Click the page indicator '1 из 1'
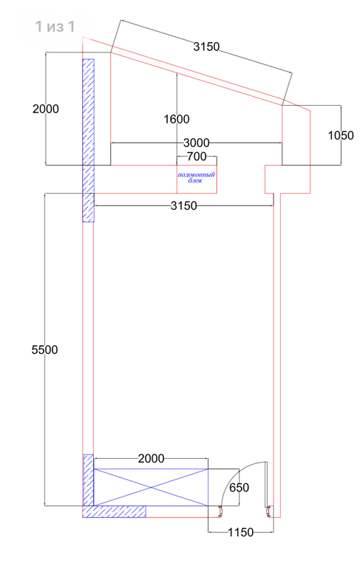55,27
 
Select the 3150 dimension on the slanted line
206,47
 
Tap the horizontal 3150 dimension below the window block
184,205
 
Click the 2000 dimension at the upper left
46,109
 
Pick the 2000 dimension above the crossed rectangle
151,459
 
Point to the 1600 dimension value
177,119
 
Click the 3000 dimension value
197,143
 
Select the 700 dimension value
197,157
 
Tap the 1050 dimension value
341,135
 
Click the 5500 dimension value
44,350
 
